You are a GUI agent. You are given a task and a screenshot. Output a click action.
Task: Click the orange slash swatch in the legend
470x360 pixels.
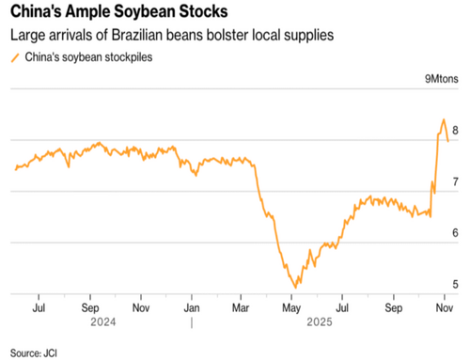[13, 57]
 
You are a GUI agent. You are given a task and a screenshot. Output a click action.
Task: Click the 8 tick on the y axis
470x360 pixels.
[455, 131]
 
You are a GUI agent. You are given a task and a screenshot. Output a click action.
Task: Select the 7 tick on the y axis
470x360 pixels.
[455, 181]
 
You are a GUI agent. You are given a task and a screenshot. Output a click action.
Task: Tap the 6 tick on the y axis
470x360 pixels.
[455, 233]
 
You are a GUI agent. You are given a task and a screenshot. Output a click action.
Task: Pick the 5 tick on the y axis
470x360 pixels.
[455, 284]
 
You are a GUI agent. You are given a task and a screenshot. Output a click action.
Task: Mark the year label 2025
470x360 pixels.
[318, 321]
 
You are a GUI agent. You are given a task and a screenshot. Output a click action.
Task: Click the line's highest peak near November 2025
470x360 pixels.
[443, 120]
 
